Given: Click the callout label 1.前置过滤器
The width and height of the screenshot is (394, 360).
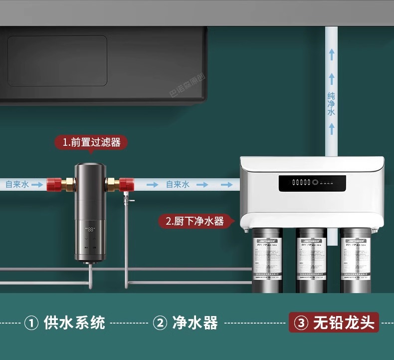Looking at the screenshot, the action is click(91, 142).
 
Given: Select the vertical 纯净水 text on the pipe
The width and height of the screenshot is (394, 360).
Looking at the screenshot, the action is click(331, 104).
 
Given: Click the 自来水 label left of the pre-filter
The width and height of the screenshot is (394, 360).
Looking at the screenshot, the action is click(17, 184).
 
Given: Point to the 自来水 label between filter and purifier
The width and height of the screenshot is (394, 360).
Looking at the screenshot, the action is click(178, 184).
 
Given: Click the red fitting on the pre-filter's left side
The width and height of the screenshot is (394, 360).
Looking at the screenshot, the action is click(54, 184).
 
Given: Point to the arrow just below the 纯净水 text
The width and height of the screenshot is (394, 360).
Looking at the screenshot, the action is click(331, 129).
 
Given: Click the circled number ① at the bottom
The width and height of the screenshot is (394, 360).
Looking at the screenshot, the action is click(31, 323).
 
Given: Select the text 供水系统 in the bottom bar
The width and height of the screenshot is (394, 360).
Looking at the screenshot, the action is click(75, 323).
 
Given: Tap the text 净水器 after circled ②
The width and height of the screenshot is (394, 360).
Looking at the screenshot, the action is click(195, 323).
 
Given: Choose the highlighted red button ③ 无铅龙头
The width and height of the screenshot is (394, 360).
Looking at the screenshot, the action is click(334, 323).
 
